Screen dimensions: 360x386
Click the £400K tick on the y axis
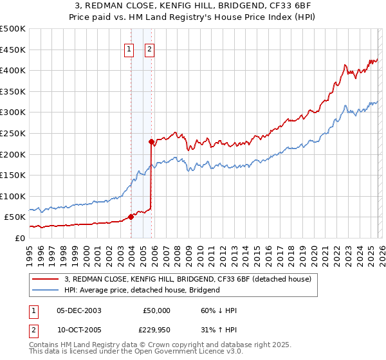click(13, 70)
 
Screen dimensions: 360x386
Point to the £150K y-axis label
click(13, 175)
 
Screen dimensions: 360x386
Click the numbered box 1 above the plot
click(129, 48)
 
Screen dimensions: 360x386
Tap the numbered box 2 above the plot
click(149, 48)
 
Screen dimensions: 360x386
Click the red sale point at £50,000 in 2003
click(131, 217)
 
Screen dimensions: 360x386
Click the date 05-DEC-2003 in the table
click(79, 310)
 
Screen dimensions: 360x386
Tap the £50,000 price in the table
click(157, 310)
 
